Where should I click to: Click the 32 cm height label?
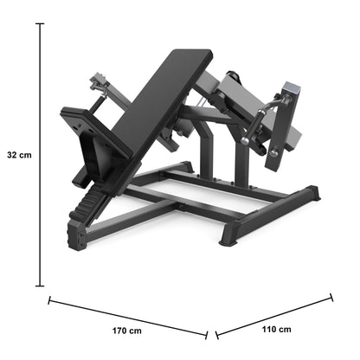tap(19, 155)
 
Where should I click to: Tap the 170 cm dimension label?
tap(127, 331)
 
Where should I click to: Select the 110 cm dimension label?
tap(276, 329)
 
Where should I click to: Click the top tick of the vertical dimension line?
tap(40, 23)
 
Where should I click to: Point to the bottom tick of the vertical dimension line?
tap(40, 286)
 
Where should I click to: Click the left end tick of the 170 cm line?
tap(49, 300)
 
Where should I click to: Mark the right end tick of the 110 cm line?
tap(331, 298)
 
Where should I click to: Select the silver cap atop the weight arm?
tap(292, 88)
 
